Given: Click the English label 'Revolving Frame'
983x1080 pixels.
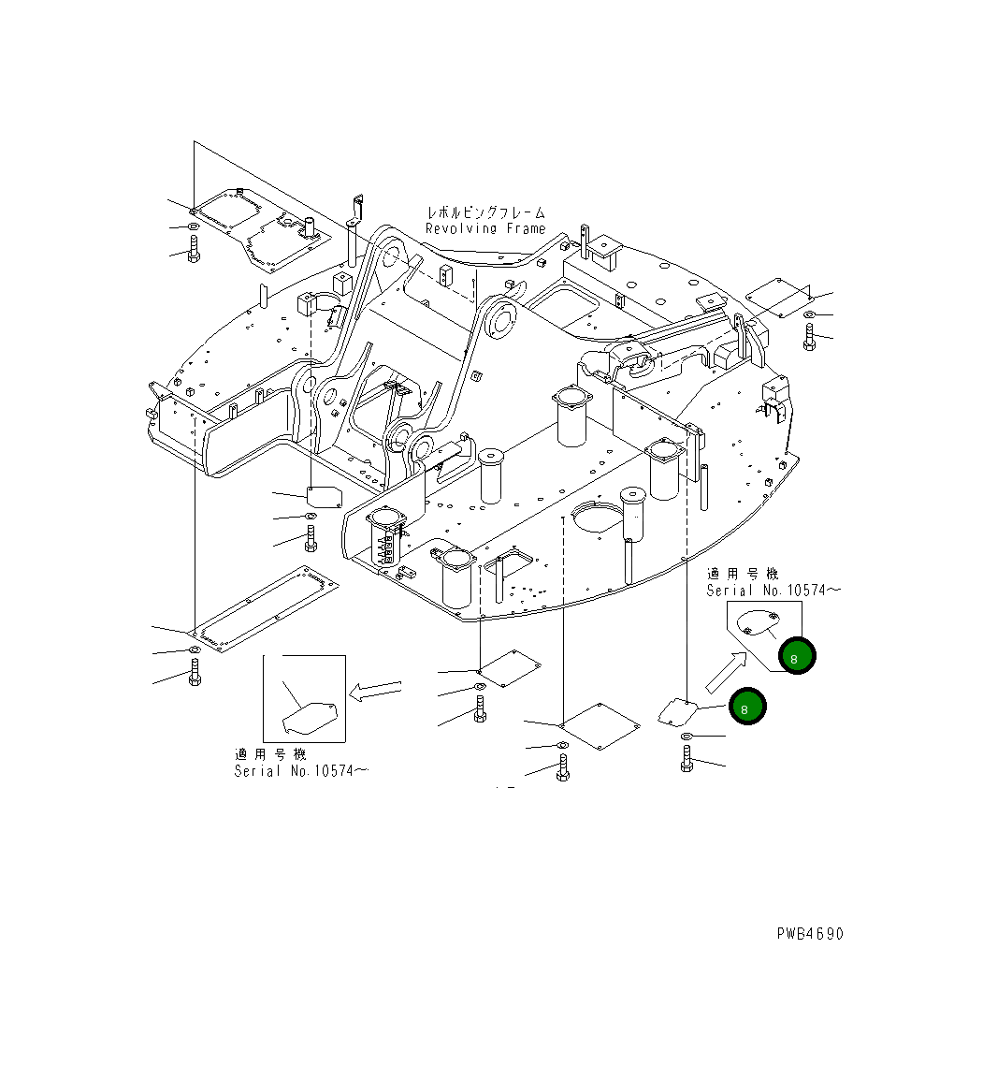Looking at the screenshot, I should pos(485,228).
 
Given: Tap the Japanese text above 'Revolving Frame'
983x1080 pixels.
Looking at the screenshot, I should pos(485,212).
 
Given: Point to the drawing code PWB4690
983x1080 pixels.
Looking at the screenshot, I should pos(809,933).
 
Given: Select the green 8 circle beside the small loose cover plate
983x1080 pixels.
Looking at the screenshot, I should pos(746,708).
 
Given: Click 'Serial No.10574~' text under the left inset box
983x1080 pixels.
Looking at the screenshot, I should pos(300,770).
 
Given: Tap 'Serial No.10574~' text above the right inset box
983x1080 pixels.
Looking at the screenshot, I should pos(773,590).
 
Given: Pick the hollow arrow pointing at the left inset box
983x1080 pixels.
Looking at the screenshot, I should pos(373,692).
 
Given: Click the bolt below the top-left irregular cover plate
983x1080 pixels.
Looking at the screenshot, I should pos(194,250).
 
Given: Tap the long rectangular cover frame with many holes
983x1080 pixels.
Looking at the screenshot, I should pos(266,608).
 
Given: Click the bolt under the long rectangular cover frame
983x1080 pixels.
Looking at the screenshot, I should pos(195,672).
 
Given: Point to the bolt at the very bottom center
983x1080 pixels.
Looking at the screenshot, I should pos(562,767).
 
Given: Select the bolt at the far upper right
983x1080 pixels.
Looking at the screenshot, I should pos(809,337).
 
